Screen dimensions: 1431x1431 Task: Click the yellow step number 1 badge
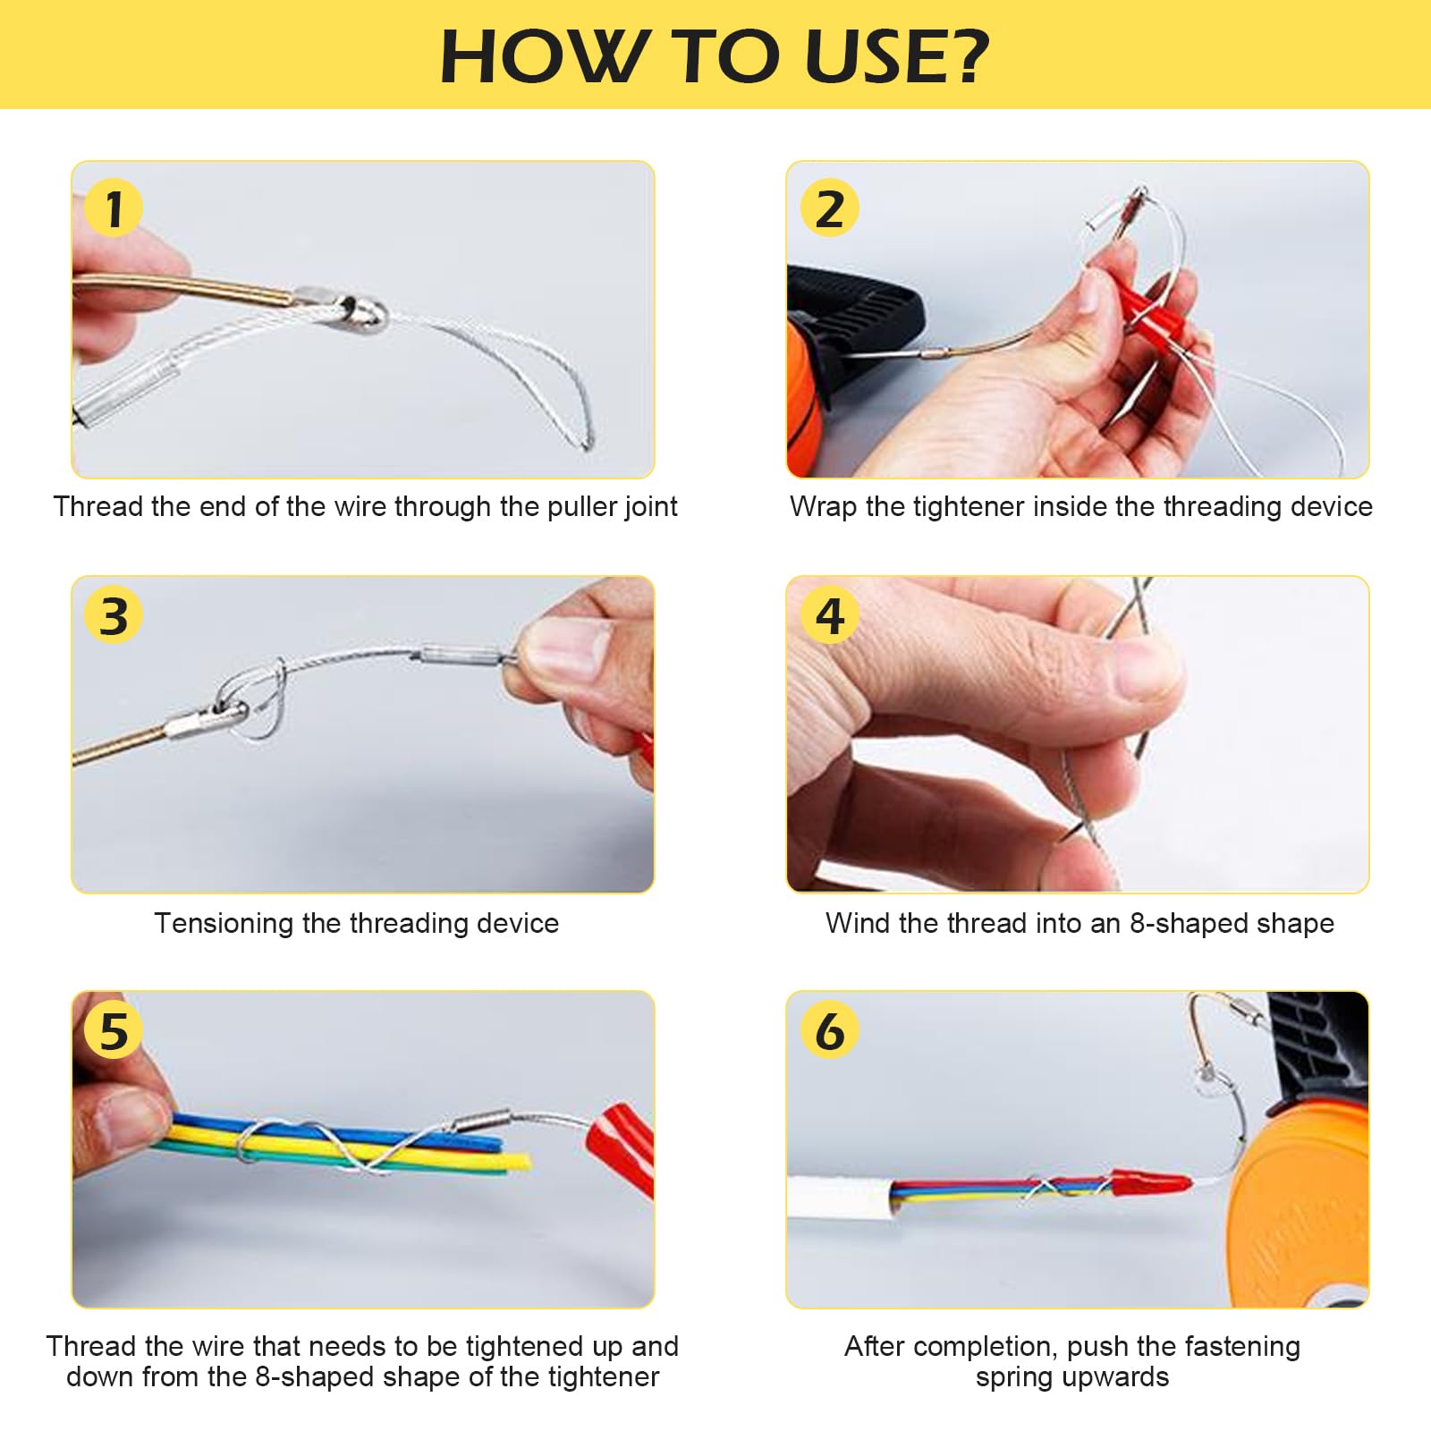pyautogui.click(x=113, y=208)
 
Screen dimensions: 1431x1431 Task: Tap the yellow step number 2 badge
pyautogui.click(x=829, y=208)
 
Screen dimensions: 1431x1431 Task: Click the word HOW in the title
pyautogui.click(x=543, y=56)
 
